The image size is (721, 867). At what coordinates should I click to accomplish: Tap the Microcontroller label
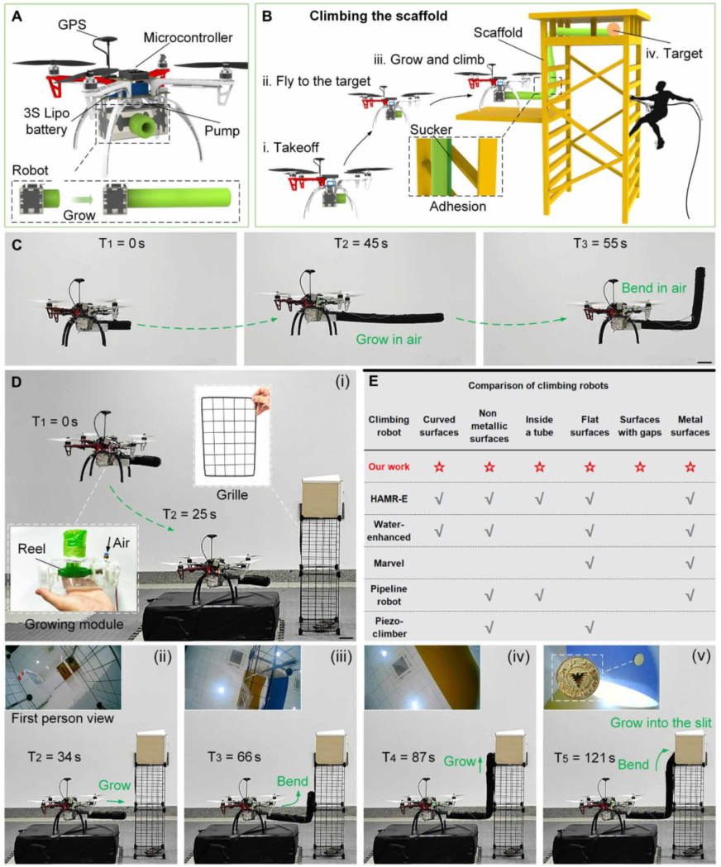[188, 38]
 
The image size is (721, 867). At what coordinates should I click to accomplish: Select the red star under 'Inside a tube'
[539, 468]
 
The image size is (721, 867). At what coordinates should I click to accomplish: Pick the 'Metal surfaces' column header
[689, 425]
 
